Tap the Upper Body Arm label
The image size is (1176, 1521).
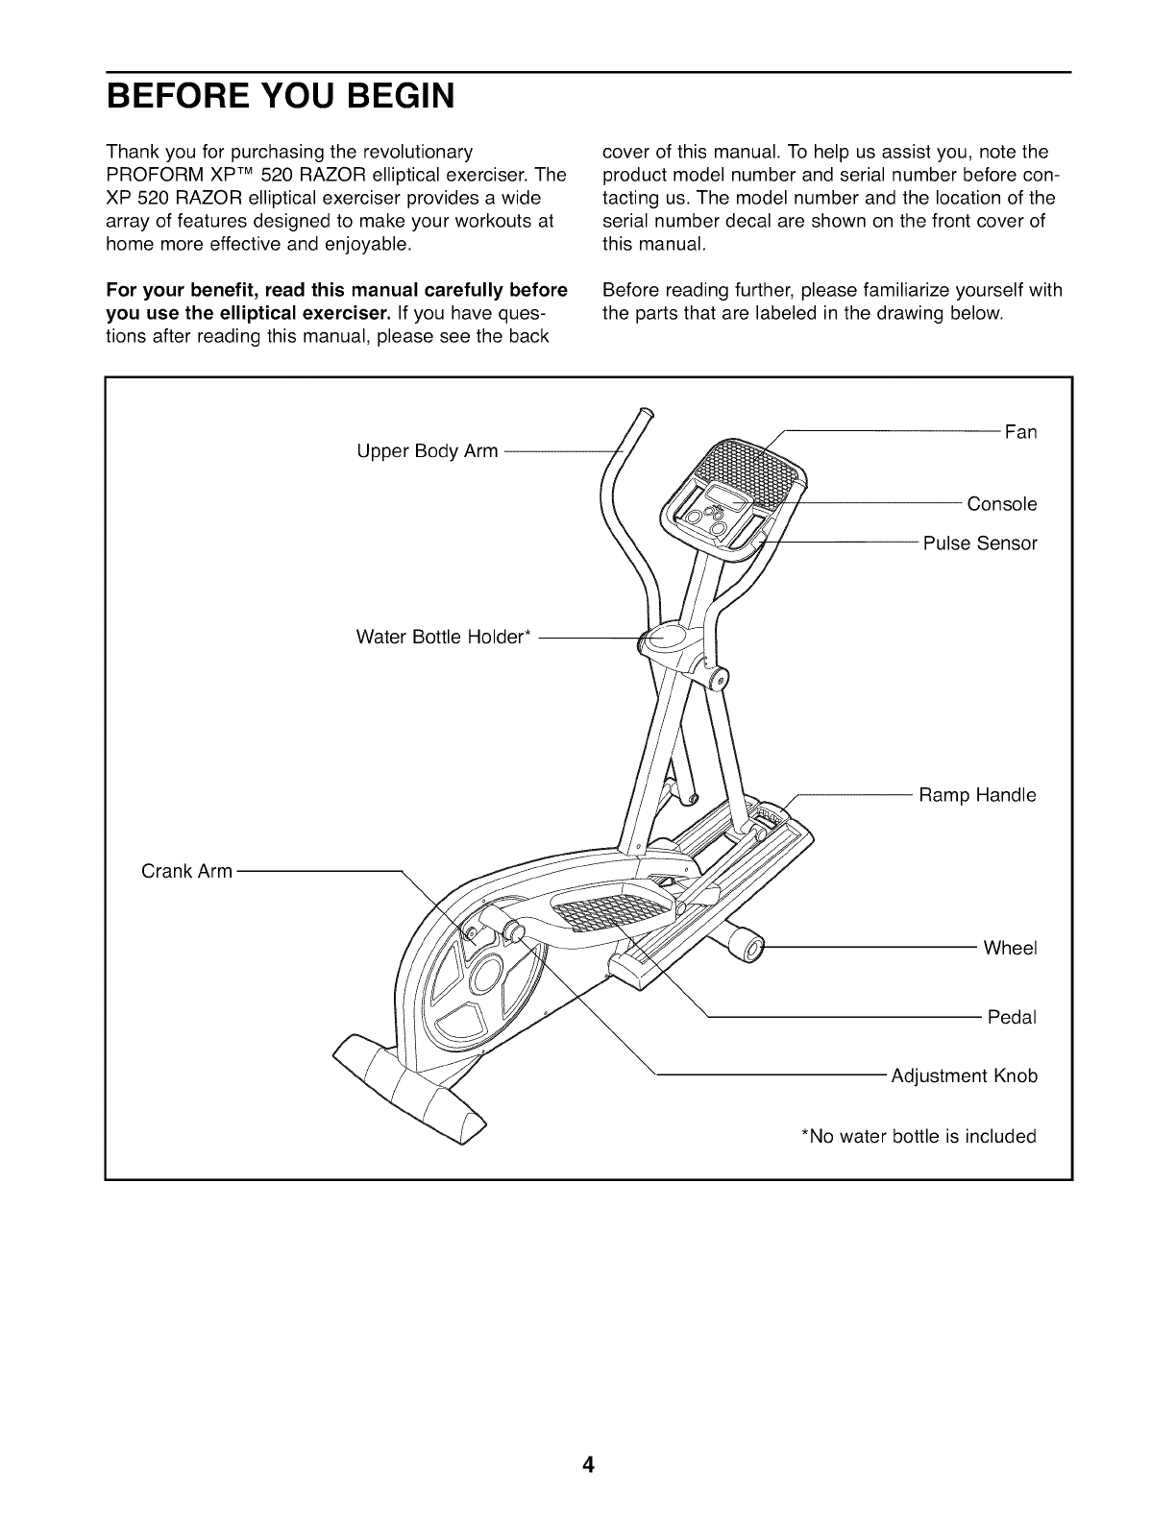[x=427, y=450]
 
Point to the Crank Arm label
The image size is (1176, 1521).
[x=186, y=871]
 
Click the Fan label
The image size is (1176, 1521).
[x=1020, y=432]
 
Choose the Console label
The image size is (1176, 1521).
[x=1002, y=504]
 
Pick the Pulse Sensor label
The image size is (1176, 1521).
[x=980, y=543]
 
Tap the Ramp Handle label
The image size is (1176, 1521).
[x=977, y=795]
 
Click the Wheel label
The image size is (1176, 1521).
[x=1010, y=948]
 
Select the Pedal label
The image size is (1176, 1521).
[x=1012, y=1017]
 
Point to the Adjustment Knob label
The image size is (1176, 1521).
[x=965, y=1075]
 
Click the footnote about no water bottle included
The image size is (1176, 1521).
[x=919, y=1137]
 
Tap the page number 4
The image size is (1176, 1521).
[x=588, y=1464]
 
